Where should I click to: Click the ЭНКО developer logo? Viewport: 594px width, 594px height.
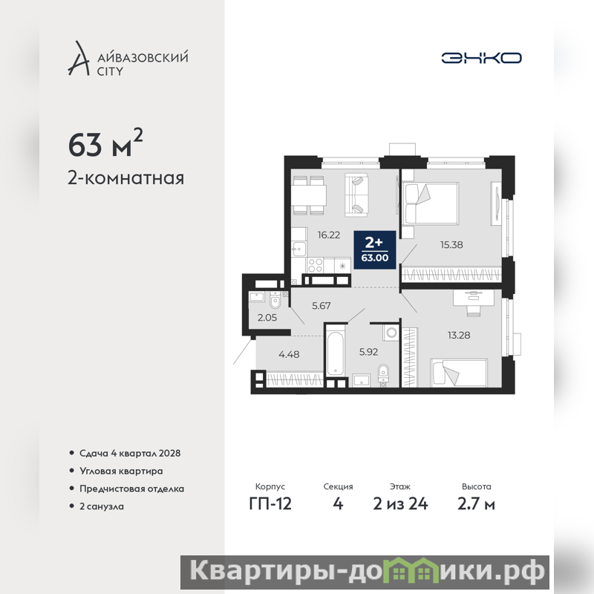(x=481, y=58)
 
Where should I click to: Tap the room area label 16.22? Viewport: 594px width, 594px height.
(x=328, y=235)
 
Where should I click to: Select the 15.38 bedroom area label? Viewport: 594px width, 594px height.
(x=451, y=245)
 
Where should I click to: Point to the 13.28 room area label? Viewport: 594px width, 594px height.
(x=459, y=335)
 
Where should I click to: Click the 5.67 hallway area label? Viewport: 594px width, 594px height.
(x=322, y=305)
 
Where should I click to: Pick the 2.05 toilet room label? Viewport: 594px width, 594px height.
(x=267, y=318)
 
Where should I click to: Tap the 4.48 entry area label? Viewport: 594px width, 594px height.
(x=289, y=354)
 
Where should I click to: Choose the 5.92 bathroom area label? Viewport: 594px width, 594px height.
(x=368, y=352)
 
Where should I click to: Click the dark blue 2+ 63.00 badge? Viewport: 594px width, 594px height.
(x=375, y=249)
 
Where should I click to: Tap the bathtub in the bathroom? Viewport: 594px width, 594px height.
(x=336, y=349)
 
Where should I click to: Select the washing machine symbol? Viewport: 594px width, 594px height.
(x=391, y=333)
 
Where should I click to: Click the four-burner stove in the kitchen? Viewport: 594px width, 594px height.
(x=315, y=265)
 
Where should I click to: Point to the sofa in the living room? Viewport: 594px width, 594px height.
(x=356, y=195)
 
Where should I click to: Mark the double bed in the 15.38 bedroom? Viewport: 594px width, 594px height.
(x=431, y=203)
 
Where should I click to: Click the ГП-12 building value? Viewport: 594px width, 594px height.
(x=270, y=504)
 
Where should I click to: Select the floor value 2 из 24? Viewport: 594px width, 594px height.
(x=400, y=504)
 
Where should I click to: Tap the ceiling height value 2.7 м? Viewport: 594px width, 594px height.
(x=476, y=504)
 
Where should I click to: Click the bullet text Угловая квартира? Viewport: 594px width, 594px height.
(x=121, y=471)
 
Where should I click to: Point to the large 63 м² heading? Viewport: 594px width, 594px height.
(x=105, y=143)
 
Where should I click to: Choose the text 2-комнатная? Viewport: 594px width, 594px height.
(x=125, y=178)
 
